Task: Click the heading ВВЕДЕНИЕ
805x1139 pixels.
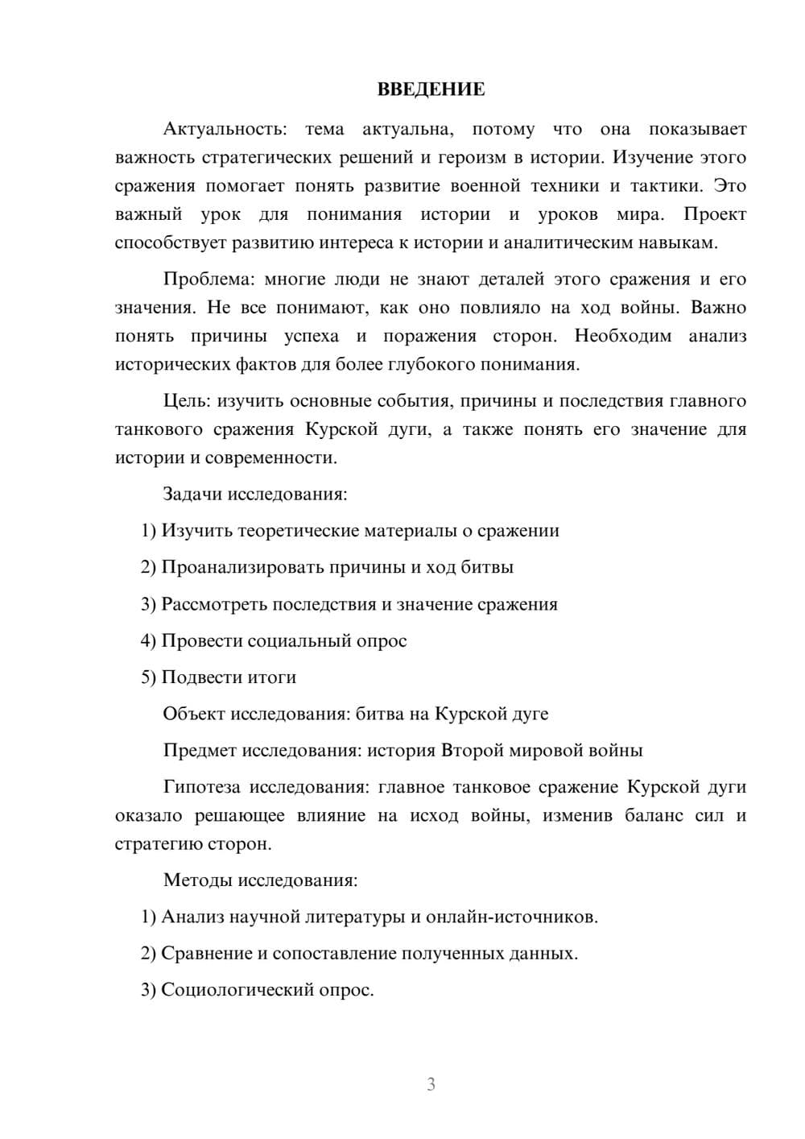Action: [431, 89]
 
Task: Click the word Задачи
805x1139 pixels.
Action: [193, 494]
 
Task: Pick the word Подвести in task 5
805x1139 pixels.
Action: [198, 677]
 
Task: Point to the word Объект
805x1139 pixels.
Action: [194, 714]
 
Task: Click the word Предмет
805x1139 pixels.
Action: [199, 751]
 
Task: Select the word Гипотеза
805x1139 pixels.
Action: [201, 787]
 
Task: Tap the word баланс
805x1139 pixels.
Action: [653, 816]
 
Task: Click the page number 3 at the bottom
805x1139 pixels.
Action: [431, 1084]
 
